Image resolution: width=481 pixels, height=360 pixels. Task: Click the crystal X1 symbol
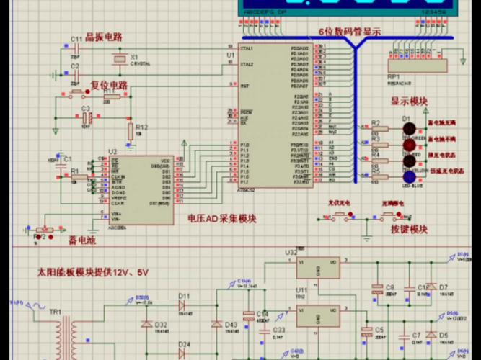(120, 58)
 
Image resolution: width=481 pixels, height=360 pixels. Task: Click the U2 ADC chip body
(140, 181)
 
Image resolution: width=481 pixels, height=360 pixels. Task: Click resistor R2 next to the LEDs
(375, 130)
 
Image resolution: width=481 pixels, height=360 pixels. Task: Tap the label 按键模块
(409, 230)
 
